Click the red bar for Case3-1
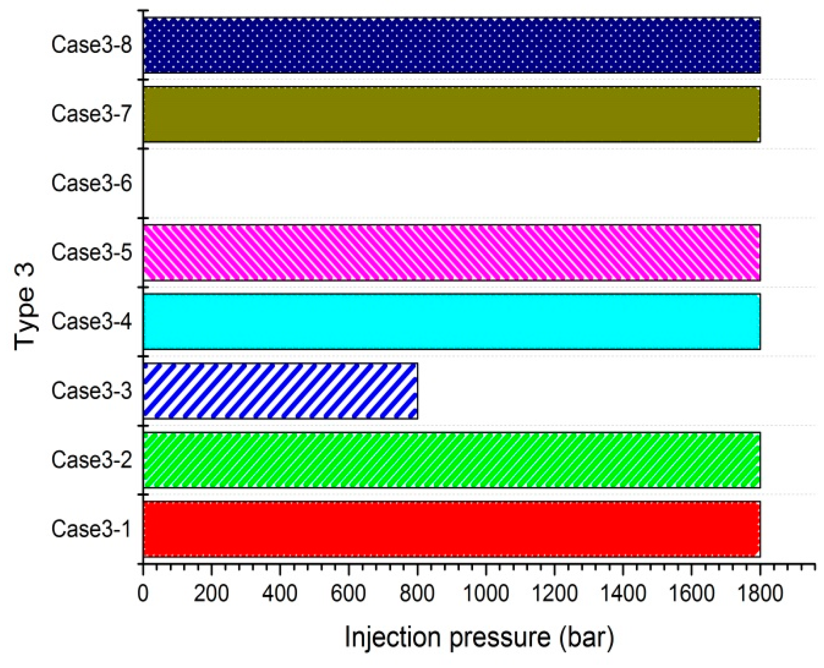(452, 529)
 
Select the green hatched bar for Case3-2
(452, 459)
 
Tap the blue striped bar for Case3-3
(280, 390)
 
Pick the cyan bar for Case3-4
(452, 321)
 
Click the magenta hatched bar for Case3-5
(452, 252)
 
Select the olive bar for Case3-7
(452, 114)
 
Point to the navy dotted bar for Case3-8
(452, 45)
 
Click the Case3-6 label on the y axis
(92, 183)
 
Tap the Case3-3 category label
(92, 390)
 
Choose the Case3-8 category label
(92, 45)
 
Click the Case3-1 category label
(92, 529)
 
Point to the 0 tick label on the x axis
(143, 593)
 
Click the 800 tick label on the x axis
(417, 593)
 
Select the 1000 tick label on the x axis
(486, 593)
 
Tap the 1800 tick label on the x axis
(760, 593)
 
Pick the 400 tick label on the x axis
(280, 593)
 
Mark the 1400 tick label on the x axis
(623, 593)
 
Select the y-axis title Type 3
(25, 307)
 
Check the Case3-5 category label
(92, 252)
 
